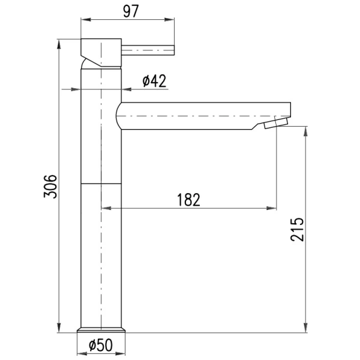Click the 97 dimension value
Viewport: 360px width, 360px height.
point(131,11)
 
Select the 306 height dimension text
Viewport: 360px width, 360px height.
point(50,187)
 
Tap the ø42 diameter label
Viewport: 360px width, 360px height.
point(154,81)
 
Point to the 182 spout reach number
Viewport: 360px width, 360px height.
point(188,200)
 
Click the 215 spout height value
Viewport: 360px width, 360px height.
point(297,229)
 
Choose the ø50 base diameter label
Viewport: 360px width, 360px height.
point(101,345)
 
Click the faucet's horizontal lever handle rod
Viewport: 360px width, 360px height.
point(148,50)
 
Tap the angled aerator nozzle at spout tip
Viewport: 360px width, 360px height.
point(275,124)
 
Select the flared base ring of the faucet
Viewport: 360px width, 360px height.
point(101,329)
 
